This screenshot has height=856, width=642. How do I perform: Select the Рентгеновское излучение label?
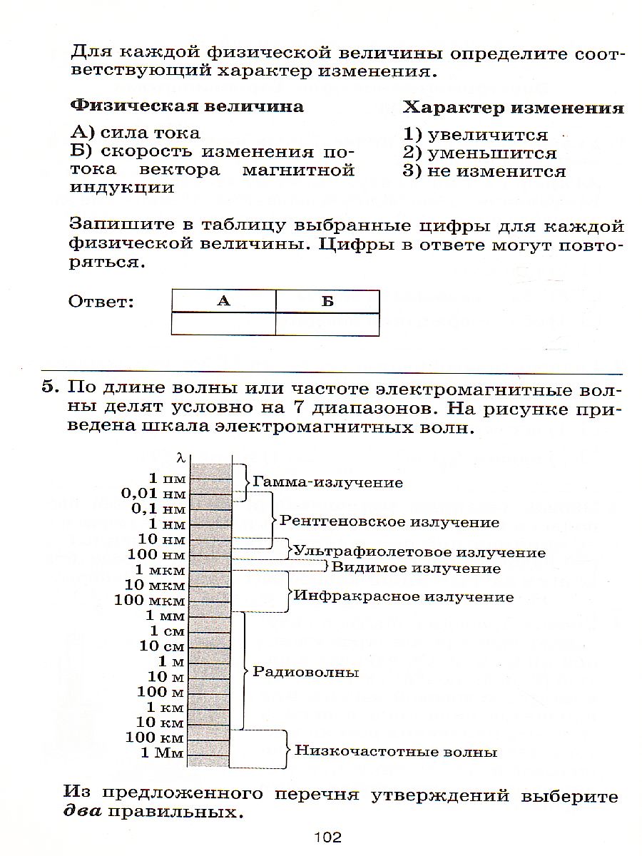[x=389, y=522]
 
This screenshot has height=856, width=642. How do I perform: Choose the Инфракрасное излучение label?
[x=404, y=596]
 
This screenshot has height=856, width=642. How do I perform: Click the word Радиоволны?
[x=306, y=672]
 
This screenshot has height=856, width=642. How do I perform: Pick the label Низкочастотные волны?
[x=396, y=751]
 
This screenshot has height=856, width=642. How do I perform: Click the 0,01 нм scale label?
[x=153, y=494]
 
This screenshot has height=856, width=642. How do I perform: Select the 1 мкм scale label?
[x=160, y=570]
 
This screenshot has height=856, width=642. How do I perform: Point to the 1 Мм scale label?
[x=163, y=753]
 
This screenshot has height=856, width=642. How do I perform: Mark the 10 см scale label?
[x=162, y=646]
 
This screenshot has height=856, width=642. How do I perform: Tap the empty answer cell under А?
[x=223, y=325]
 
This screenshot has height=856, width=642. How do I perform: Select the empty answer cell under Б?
[x=327, y=325]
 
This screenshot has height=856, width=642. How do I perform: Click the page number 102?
[x=327, y=837]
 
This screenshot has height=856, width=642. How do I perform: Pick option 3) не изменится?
[x=484, y=172]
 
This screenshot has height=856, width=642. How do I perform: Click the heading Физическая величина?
[x=187, y=107]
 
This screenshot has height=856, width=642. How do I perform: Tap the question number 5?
[x=48, y=389]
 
